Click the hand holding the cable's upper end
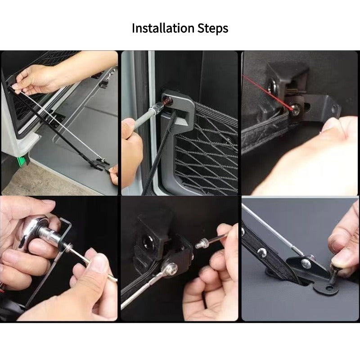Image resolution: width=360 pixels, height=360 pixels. (x=38, y=79)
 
